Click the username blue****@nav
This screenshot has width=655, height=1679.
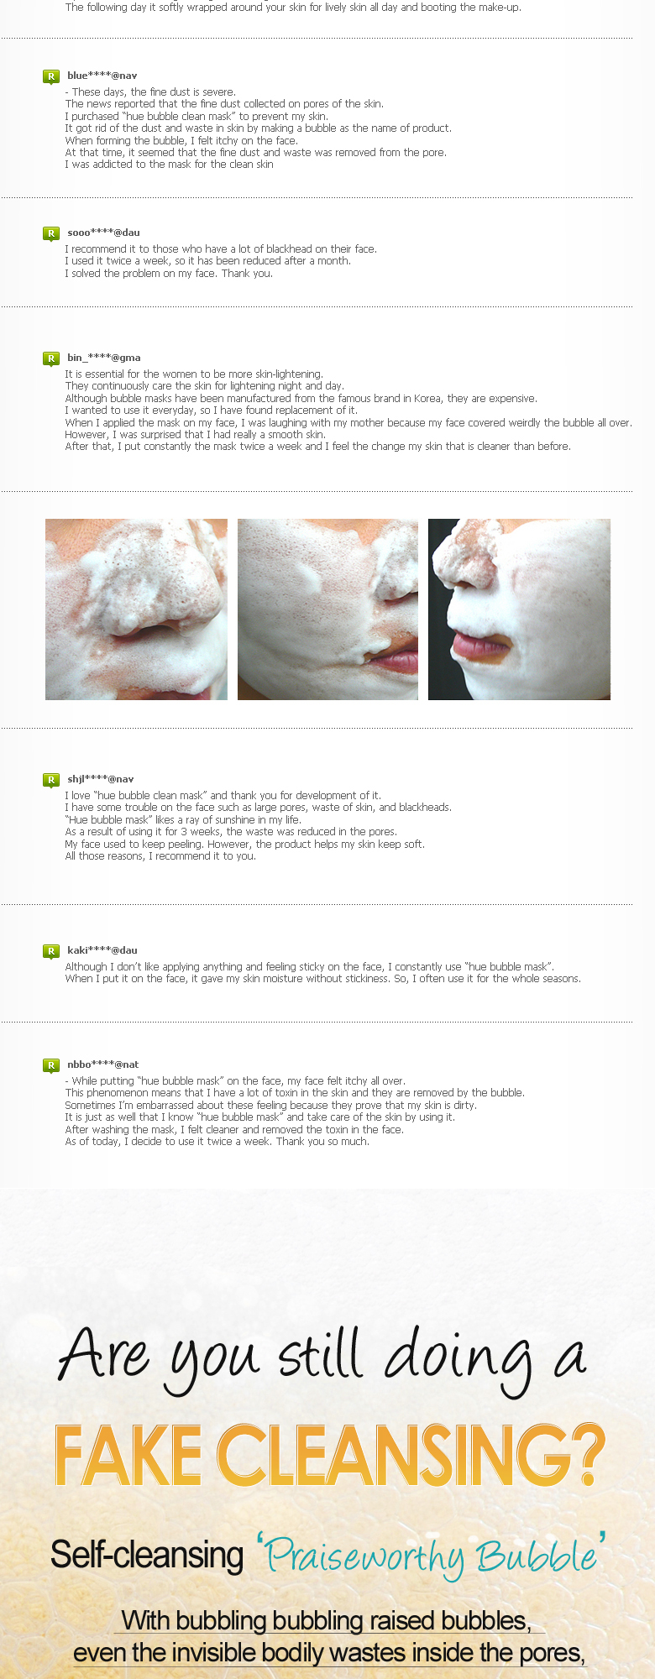click(102, 76)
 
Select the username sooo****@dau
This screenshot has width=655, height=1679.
click(103, 233)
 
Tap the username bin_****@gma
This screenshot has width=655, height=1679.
click(104, 358)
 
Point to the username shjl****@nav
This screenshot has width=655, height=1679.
click(101, 779)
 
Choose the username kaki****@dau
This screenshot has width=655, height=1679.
click(102, 950)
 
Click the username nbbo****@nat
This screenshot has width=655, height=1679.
click(103, 1064)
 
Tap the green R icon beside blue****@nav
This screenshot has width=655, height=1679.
click(51, 76)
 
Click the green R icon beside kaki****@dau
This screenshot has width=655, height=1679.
click(51, 951)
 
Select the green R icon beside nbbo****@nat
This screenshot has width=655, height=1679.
click(51, 1065)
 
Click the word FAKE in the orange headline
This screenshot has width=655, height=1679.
click(128, 1455)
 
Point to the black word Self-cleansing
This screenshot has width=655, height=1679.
click(147, 1554)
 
